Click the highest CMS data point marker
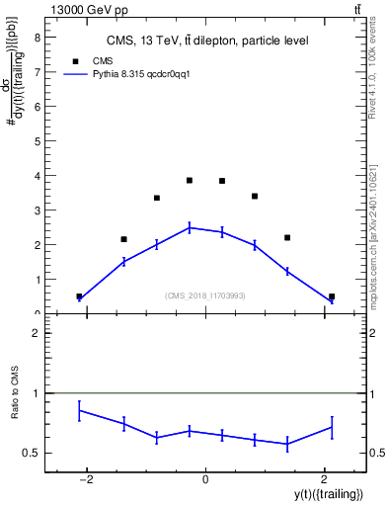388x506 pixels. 189,180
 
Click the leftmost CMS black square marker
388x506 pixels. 79,296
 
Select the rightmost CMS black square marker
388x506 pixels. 332,296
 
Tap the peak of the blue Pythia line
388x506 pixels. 189,227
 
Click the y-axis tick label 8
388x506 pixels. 37,38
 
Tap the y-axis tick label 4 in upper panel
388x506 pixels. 37,176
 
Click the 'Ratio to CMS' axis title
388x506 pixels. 15,407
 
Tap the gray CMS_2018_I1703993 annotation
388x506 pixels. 205,295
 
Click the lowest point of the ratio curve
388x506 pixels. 287,445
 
